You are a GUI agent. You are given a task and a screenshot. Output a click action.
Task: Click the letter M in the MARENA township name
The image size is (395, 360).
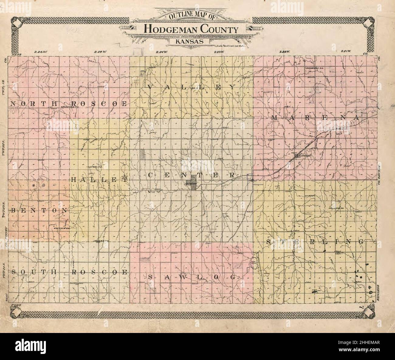[x=274, y=117]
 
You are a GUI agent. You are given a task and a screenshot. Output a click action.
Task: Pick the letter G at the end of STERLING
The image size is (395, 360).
[x=361, y=242]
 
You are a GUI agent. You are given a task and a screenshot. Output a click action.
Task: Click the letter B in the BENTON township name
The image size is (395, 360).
[x=13, y=210]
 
